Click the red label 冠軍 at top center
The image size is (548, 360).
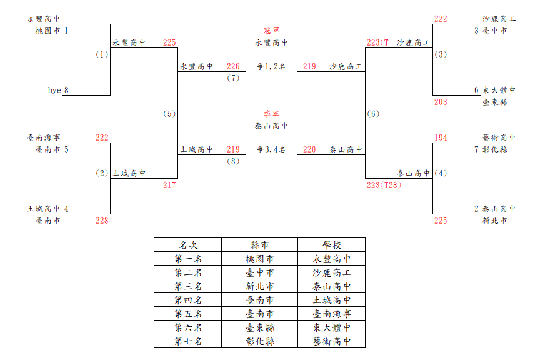271,31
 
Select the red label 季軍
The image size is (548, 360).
271,114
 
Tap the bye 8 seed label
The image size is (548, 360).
58,90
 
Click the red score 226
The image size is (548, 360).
233,66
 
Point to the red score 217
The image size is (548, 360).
169,185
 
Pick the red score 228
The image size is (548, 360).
102,221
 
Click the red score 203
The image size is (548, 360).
441,102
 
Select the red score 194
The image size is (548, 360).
441,137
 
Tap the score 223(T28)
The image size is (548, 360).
384,185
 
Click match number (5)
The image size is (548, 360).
169,114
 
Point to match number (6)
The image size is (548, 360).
373,114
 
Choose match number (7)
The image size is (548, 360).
233,78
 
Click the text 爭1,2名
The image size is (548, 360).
271,66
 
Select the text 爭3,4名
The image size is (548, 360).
271,149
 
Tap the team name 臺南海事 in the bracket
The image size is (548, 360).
44,137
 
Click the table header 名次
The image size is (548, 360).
188,246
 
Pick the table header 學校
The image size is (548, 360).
332,246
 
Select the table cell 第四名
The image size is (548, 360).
188,300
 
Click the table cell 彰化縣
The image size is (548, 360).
260,341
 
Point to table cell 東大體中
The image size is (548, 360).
332,328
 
